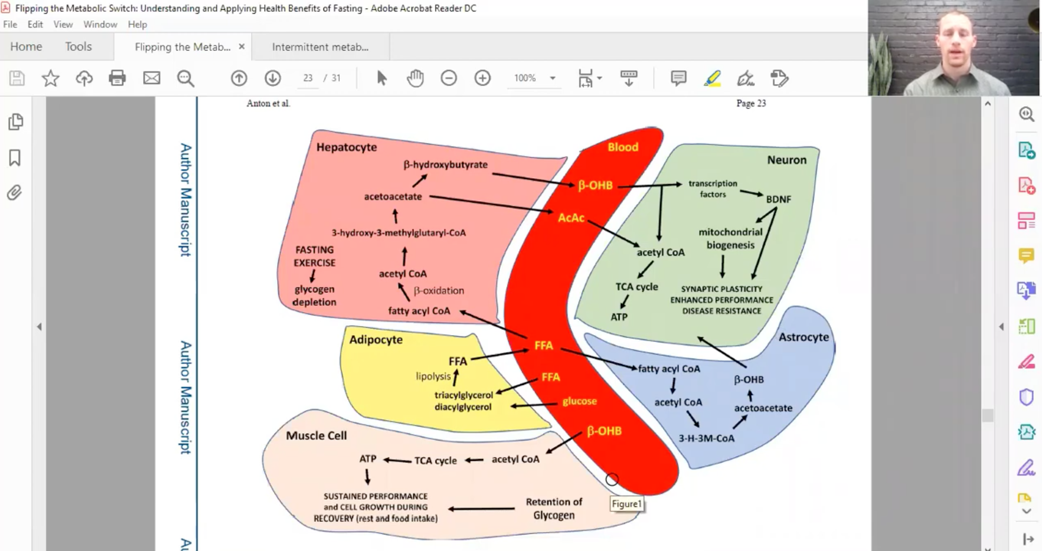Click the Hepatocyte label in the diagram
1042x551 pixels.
coord(346,147)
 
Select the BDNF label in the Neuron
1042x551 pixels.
coord(778,199)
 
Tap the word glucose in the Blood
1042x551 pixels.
coord(579,401)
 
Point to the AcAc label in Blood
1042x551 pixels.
coord(571,218)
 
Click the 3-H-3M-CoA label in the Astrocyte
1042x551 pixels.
coord(706,438)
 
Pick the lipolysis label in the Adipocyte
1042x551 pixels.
coord(433,376)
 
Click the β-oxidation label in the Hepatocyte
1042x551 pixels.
coord(439,290)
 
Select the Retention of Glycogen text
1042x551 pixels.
coord(554,508)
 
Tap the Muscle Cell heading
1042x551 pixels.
coord(316,435)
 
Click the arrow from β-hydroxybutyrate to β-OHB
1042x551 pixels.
coord(533,180)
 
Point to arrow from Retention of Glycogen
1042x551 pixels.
coord(481,508)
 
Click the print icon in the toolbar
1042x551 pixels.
coord(117,78)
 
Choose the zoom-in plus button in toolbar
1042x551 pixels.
coord(482,78)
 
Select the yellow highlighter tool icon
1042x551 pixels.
coord(712,78)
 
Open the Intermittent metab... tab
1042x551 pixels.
coord(320,47)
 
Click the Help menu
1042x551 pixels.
coord(137,24)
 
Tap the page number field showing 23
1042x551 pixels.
coord(308,78)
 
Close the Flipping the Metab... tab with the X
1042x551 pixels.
coord(242,47)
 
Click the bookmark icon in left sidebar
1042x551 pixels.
coord(15,158)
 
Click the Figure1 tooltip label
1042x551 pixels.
coord(627,504)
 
